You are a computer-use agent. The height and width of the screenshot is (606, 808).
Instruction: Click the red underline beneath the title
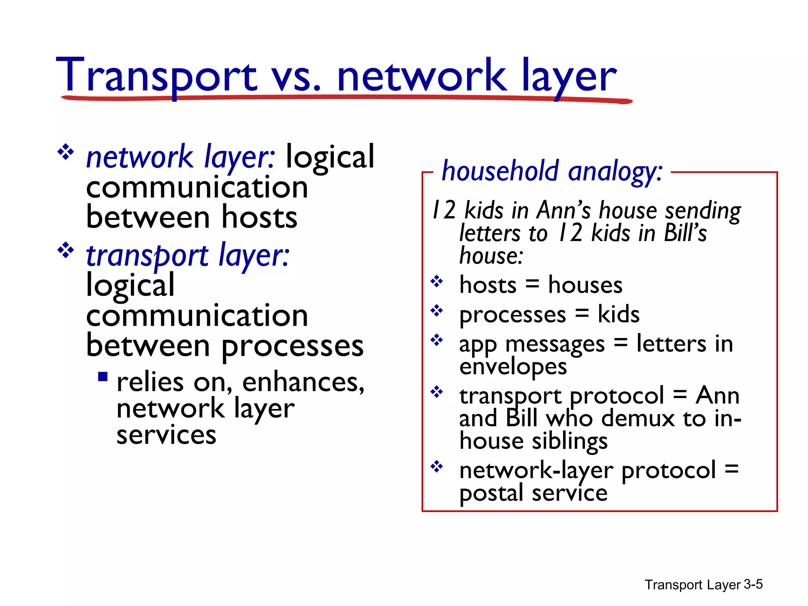pyautogui.click(x=347, y=97)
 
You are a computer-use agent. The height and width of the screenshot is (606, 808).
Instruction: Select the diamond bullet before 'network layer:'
pyautogui.click(x=65, y=152)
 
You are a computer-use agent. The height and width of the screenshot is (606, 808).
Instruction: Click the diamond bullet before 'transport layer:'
pyautogui.click(x=65, y=251)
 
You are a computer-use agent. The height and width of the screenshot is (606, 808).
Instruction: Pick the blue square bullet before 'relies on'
pyautogui.click(x=103, y=376)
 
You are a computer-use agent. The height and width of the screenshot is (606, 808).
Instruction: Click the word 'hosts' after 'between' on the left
pyautogui.click(x=259, y=217)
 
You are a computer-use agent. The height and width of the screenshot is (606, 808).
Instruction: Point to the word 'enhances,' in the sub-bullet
pyautogui.click(x=303, y=382)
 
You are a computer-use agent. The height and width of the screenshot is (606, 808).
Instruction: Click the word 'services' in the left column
pyautogui.click(x=166, y=435)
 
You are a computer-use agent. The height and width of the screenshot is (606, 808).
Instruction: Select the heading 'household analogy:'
pyautogui.click(x=552, y=171)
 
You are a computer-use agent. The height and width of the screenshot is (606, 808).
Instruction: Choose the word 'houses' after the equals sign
pyautogui.click(x=585, y=285)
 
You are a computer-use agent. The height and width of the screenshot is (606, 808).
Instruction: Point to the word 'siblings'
pyautogui.click(x=570, y=441)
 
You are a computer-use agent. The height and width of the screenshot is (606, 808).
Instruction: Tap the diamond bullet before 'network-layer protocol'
pyautogui.click(x=437, y=467)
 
